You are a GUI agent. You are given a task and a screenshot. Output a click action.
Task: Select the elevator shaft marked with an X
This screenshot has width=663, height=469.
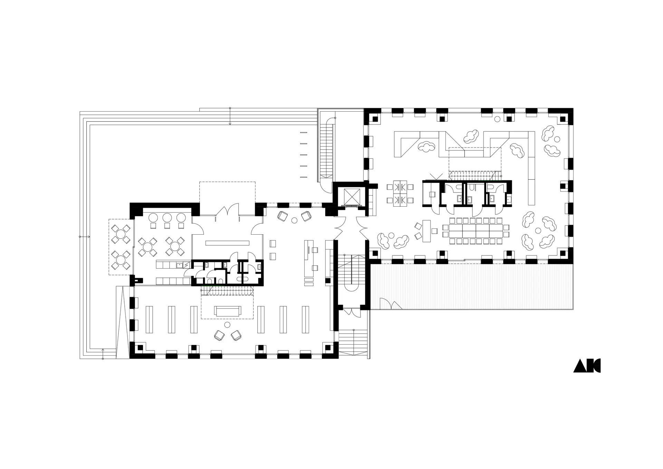350,197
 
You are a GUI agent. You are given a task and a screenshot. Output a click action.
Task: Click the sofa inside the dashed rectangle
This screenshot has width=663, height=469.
228,311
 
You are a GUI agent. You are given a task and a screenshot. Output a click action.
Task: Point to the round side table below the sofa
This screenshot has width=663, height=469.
227,325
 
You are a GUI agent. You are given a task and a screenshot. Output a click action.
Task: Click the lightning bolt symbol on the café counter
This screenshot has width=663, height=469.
186,265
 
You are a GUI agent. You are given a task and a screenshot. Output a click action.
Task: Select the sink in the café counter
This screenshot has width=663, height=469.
180,265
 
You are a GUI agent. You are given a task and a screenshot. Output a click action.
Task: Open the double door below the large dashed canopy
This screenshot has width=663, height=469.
227,210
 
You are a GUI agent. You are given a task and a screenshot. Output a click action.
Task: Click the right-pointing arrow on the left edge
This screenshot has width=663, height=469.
85,237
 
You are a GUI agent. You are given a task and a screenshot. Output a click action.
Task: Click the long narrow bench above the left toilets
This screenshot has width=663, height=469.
227,243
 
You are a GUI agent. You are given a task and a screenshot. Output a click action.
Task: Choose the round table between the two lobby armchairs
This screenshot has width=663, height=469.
295,220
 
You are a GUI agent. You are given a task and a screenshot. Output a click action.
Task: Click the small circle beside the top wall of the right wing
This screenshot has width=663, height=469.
497,119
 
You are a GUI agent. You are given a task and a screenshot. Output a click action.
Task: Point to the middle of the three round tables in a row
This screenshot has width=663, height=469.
167,218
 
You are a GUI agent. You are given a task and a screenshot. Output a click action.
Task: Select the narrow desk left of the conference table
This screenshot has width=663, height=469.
426,231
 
